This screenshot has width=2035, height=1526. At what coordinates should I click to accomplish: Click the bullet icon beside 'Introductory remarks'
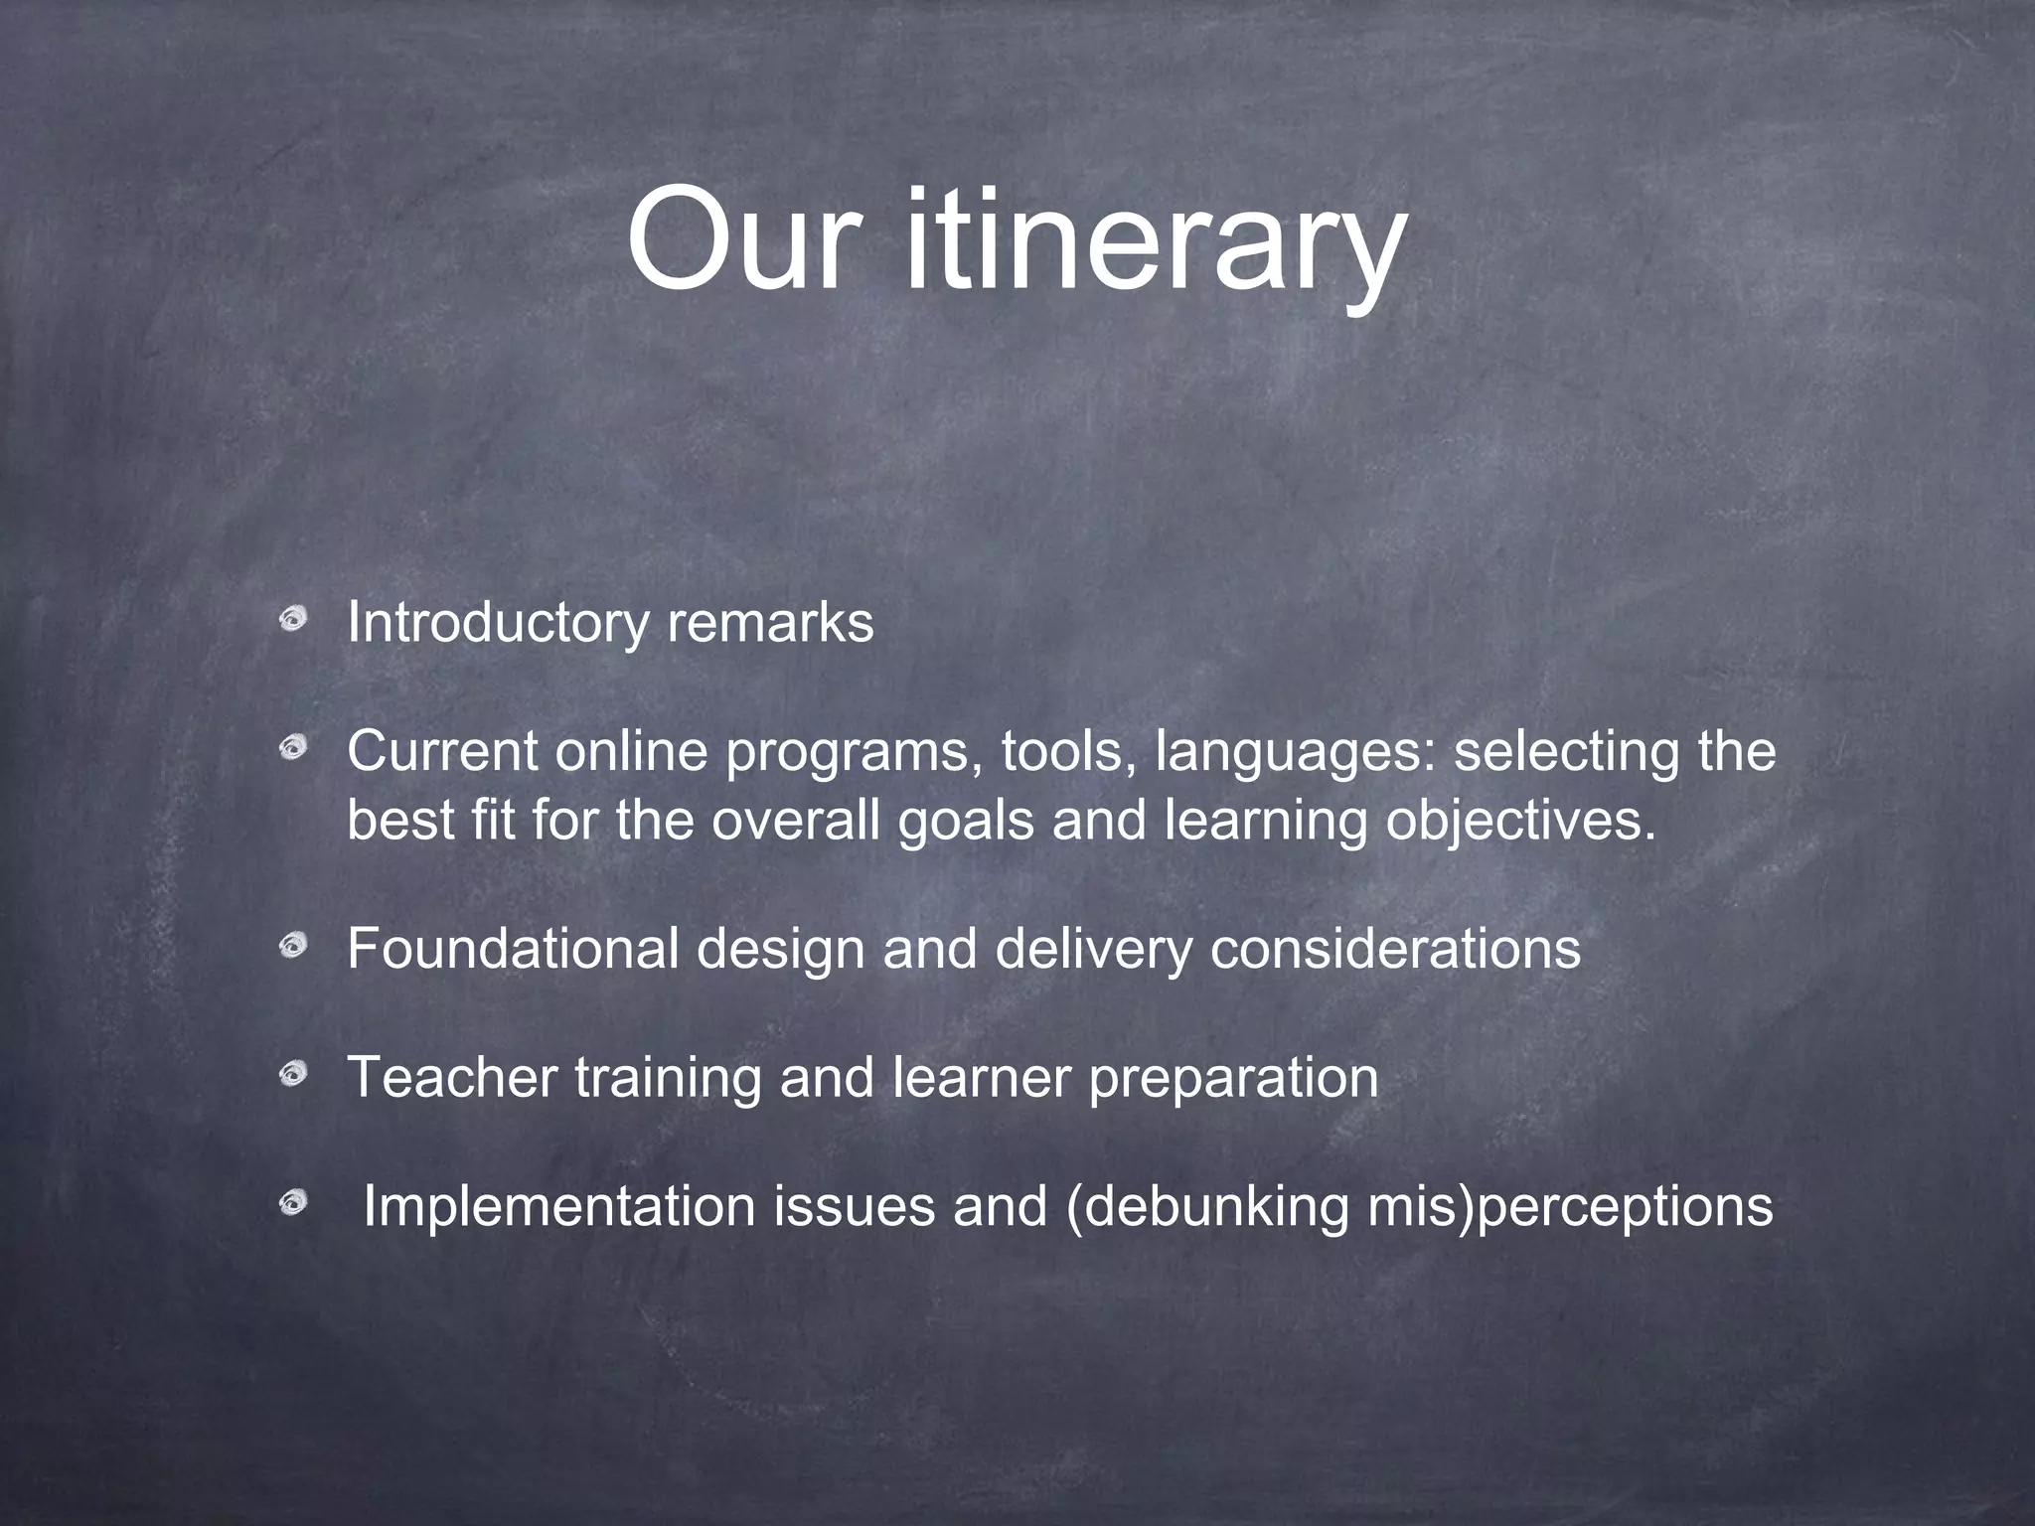click(291, 622)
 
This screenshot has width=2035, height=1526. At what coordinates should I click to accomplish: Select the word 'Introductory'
click(497, 624)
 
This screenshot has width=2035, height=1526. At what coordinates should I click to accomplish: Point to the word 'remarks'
click(770, 624)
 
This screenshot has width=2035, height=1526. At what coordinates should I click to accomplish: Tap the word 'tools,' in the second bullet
click(1068, 752)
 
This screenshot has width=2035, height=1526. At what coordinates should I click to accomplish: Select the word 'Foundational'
click(513, 949)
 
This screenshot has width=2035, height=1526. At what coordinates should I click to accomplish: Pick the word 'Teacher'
click(452, 1077)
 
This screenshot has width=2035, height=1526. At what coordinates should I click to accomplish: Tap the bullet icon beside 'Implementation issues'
click(291, 1205)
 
